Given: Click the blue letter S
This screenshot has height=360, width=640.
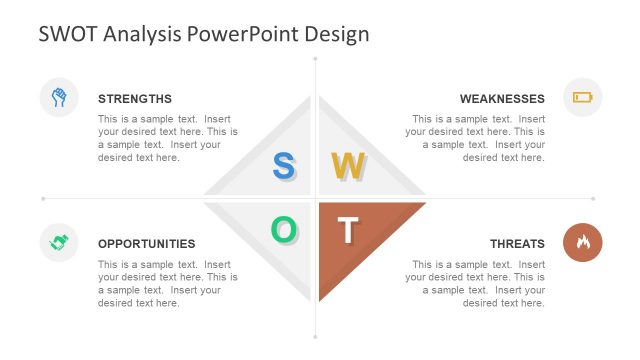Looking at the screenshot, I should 284,166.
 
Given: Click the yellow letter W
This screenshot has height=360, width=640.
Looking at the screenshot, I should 347,166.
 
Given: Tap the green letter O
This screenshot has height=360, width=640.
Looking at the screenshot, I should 284,230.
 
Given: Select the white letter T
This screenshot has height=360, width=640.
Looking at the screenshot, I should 347,230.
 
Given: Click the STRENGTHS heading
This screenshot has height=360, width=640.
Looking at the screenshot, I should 135,99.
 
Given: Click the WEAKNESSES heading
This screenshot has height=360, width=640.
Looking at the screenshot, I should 502,99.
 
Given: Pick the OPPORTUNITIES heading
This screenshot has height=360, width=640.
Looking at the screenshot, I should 147,244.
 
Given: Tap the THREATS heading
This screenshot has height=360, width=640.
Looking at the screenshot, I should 517,244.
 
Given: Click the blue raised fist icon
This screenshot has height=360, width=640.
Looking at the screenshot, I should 59,97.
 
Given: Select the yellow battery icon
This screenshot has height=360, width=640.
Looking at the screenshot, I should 582,97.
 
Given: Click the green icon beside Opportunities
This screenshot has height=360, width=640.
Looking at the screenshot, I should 59,242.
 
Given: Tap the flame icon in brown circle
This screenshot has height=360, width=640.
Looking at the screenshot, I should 582,242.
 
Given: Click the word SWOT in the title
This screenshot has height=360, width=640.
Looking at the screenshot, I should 68,34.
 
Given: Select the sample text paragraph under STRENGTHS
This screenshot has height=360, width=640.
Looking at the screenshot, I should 168,138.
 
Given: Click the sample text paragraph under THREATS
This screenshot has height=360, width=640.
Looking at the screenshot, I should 476,283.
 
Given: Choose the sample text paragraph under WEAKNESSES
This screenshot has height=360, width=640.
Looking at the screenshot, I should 476,138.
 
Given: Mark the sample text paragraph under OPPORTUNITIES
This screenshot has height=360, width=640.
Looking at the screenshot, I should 168,283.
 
